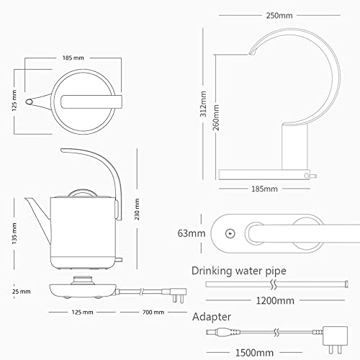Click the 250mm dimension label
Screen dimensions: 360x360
(279, 16)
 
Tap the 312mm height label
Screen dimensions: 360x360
(203, 104)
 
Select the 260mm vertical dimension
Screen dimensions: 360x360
(216, 117)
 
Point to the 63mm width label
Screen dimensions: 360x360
(192, 233)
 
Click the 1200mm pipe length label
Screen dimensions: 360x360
(275, 301)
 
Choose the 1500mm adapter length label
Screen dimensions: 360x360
(254, 353)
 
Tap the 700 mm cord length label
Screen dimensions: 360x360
(153, 312)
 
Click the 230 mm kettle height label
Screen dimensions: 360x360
(137, 210)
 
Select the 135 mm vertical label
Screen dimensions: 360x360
(14, 233)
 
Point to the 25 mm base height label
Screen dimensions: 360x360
(22, 292)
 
